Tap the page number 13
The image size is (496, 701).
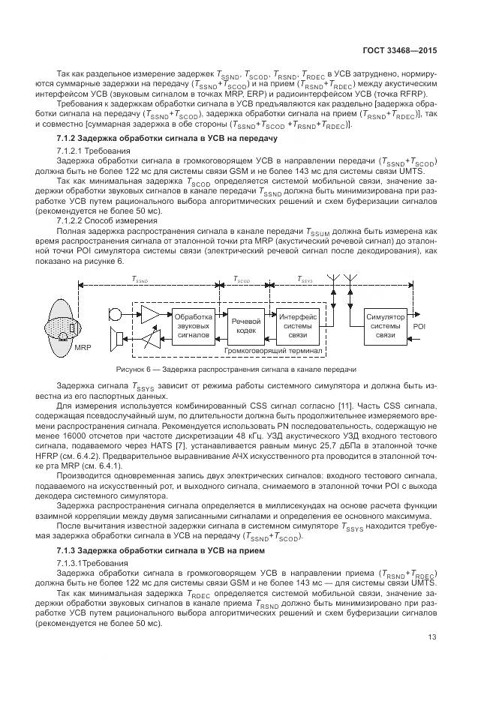point(432,638)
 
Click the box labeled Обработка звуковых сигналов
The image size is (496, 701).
point(194,326)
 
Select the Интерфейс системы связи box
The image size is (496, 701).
point(298,326)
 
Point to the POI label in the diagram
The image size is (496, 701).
point(419,326)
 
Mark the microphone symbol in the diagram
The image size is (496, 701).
point(116,313)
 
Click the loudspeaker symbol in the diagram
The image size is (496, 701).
point(117,341)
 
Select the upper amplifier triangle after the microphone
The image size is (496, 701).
point(151,313)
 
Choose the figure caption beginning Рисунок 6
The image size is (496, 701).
point(236,370)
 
